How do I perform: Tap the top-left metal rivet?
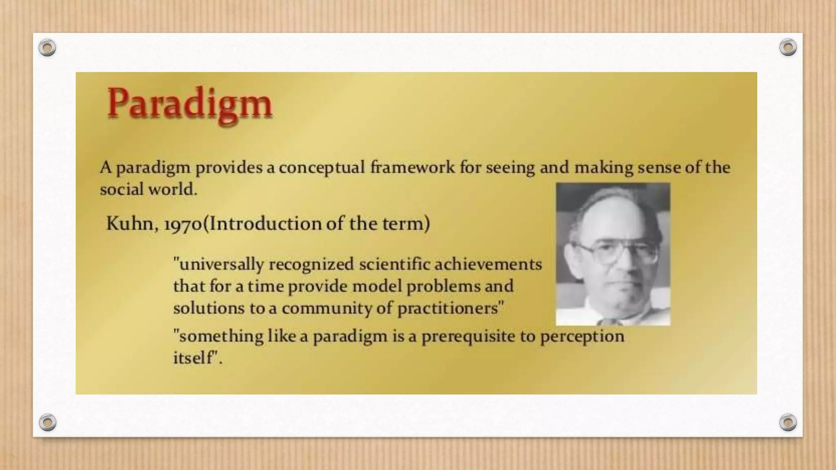coord(47,48)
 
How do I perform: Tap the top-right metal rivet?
coord(788,48)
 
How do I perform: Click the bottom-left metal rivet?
coord(47,422)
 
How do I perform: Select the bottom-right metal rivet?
coord(788,422)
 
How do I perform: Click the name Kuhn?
coord(129,224)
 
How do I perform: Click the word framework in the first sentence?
coord(412,168)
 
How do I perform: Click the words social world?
coord(148,189)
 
